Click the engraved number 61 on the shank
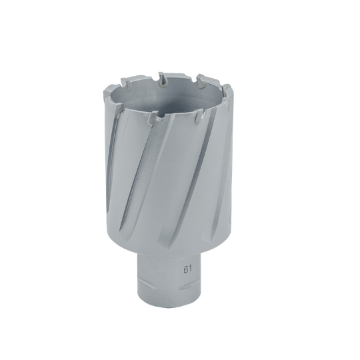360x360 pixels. [x=187, y=269]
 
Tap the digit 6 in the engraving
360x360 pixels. [x=185, y=269]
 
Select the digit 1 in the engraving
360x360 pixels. [x=190, y=269]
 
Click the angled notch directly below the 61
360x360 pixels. [x=188, y=285]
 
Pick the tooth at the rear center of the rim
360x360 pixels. [x=163, y=80]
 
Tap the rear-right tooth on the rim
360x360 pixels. [x=201, y=81]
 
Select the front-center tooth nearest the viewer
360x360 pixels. [x=153, y=117]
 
